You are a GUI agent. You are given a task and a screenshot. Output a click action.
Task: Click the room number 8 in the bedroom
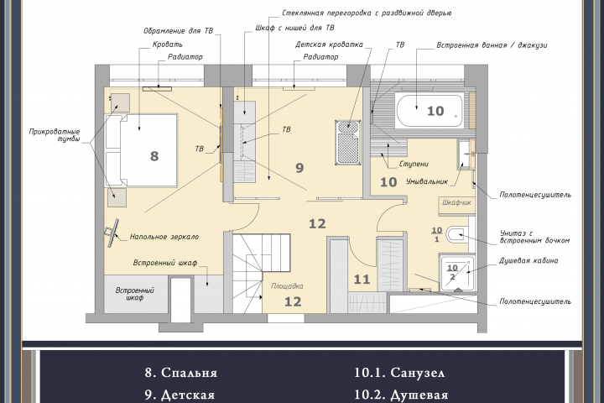[154, 156]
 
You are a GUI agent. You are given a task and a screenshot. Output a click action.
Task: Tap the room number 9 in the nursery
[299, 168]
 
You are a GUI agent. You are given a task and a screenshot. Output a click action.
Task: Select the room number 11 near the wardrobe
[362, 280]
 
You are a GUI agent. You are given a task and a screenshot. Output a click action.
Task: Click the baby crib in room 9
[348, 142]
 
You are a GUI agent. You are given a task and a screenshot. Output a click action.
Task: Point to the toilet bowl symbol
[457, 234]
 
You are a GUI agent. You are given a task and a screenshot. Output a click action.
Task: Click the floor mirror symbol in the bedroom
[112, 233]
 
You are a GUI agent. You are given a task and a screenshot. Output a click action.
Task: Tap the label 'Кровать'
[168, 44]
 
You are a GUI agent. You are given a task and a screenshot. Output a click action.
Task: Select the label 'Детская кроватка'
[330, 44]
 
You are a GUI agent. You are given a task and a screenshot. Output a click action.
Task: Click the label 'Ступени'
[414, 164]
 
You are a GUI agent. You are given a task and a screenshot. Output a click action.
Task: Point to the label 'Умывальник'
[427, 181]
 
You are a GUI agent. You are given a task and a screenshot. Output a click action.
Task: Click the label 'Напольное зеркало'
[164, 237]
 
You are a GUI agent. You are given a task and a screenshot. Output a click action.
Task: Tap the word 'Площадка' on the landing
[287, 286]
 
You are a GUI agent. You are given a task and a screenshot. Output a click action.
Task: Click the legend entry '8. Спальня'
[181, 373]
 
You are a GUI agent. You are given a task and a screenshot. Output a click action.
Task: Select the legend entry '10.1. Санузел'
[399, 373]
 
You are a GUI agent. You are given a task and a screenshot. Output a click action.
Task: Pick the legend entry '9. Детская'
[180, 395]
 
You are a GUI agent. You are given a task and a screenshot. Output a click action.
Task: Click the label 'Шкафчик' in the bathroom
[456, 202]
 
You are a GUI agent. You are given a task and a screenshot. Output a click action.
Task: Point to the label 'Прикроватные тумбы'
[55, 135]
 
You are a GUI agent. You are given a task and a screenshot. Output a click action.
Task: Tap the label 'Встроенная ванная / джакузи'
[492, 45]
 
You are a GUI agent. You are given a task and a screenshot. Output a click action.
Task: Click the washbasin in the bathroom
[466, 154]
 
